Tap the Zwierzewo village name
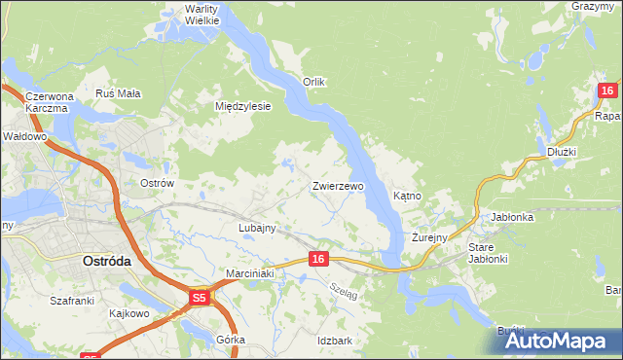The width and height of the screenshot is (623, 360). pyautogui.click(x=338, y=185)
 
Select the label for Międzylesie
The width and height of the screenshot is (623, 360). pyautogui.click(x=242, y=106)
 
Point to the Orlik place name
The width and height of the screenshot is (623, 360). pyautogui.click(x=313, y=82)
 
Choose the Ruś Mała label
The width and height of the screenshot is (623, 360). pyautogui.click(x=118, y=93)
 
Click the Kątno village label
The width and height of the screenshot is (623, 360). pyautogui.click(x=407, y=196)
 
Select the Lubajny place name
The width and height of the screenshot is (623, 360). pyautogui.click(x=258, y=228)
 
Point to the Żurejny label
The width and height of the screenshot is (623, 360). pyautogui.click(x=428, y=237)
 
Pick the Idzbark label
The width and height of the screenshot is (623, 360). pyautogui.click(x=334, y=341)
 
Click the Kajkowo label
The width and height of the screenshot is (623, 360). pyautogui.click(x=128, y=313)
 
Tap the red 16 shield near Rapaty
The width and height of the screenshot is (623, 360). pyautogui.click(x=606, y=90)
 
